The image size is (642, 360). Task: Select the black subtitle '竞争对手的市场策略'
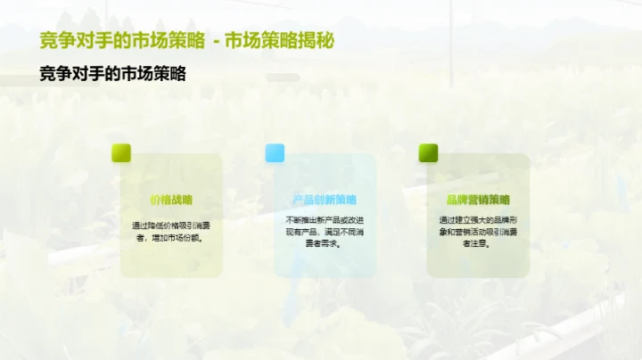coord(112,75)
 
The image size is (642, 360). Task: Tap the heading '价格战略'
coord(171,200)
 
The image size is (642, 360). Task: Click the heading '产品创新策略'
coord(325,200)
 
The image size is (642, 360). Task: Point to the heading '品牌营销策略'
coord(478,200)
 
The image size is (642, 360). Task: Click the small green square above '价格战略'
coord(120,153)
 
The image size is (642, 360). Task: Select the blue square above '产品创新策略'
coord(274,153)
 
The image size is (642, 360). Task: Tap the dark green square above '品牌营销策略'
coord(428,153)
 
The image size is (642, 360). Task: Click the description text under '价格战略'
coord(171,232)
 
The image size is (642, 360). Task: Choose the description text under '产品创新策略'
coord(325,231)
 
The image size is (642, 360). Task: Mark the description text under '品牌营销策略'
coord(478,231)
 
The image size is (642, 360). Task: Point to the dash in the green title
coord(215,42)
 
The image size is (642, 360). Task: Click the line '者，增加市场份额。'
coord(171,238)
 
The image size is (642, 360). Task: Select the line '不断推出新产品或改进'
coord(325,219)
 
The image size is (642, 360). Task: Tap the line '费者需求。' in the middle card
coord(325,242)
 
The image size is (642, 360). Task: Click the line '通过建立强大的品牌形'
coord(478,219)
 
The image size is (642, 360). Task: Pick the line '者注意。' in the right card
coord(478,242)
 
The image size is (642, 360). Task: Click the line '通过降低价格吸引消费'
coord(171,225)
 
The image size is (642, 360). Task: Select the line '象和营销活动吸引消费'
coord(478,231)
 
